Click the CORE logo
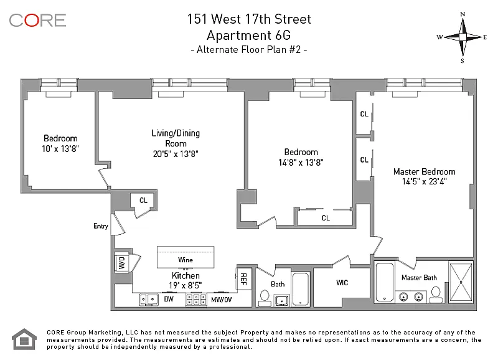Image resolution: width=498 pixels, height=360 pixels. coord(37,20)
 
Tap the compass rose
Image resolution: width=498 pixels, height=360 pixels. coord(463,37)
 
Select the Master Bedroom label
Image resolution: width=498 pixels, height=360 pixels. coord(424,172)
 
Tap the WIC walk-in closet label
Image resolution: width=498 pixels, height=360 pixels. coord(342,283)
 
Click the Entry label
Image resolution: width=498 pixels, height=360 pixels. coord(100,226)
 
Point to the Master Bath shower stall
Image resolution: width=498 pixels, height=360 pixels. coord(461,282)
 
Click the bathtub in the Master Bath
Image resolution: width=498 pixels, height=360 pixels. coord(385,282)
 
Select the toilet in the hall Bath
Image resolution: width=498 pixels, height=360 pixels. coord(265,298)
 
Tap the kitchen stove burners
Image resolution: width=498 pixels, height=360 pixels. coord(197,300)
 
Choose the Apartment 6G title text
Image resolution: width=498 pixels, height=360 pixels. coord(248,35)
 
